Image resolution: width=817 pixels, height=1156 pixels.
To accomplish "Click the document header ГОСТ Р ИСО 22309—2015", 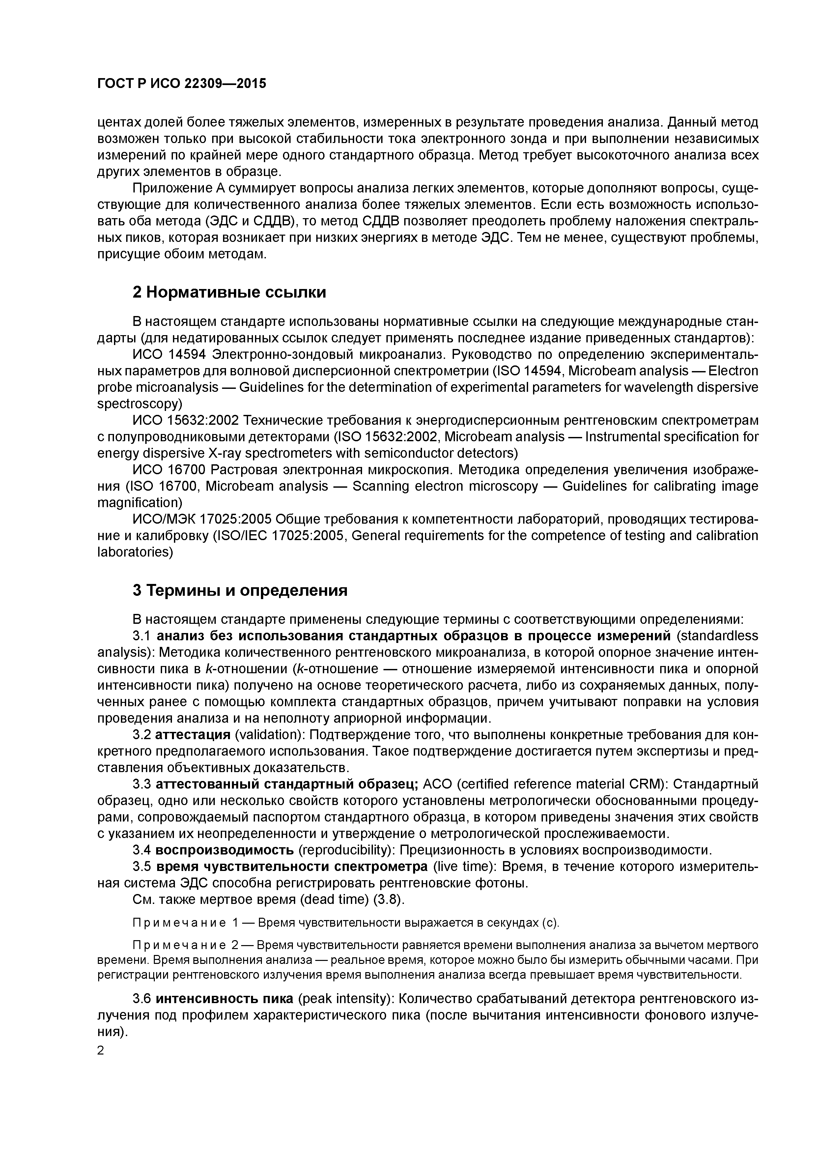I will tap(181, 84).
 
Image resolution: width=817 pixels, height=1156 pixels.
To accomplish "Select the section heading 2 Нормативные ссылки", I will tap(229, 292).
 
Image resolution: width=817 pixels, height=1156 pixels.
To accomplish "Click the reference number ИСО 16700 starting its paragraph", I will tap(169, 470).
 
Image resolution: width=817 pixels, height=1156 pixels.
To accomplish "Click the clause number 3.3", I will tap(142, 784).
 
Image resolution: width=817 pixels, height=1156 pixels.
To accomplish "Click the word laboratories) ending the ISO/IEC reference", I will tap(135, 552).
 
